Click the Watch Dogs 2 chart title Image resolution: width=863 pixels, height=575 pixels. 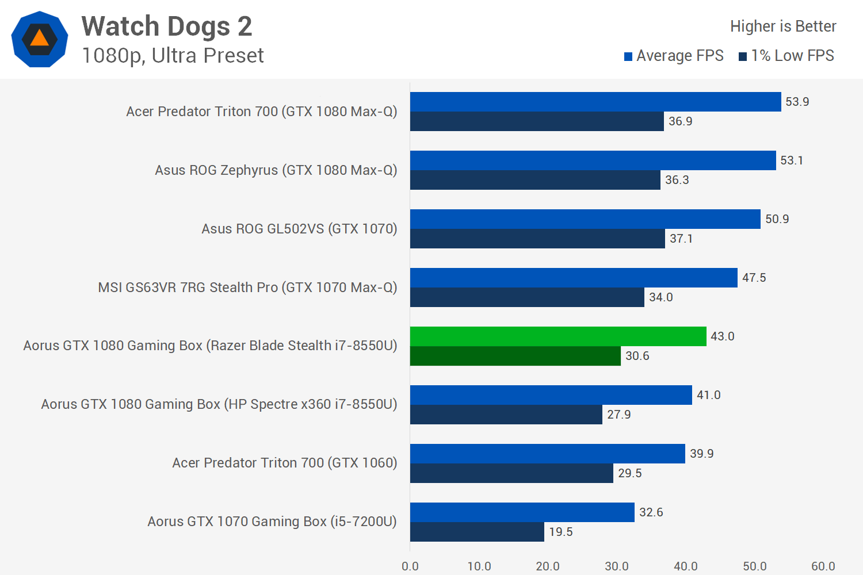167,26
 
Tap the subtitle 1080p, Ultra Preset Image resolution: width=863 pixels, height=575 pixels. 173,56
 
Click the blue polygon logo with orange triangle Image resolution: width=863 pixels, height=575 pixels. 40,39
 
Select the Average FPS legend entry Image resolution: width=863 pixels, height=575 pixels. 674,56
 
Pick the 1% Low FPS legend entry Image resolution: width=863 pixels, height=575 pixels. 786,56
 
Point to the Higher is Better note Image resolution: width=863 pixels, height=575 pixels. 782,26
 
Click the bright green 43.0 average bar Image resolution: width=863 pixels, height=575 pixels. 558,336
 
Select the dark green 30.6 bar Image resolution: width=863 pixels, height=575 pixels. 515,356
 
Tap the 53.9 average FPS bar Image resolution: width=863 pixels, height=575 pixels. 595,102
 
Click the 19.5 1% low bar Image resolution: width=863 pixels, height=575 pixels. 477,532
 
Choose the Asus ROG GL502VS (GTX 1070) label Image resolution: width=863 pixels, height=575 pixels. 299,229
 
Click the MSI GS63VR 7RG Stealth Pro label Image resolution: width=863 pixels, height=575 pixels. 247,287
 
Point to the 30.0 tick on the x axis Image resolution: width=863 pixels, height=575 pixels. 617,566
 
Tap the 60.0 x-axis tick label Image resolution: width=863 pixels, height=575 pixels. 823,566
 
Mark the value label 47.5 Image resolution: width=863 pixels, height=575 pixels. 754,278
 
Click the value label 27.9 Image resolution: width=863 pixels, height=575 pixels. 618,415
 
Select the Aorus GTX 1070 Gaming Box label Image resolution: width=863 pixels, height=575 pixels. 272,522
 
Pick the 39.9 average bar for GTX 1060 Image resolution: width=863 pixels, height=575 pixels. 547,454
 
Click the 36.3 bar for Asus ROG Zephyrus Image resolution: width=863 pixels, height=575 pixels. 535,180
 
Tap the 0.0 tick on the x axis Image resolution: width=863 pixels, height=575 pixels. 410,566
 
